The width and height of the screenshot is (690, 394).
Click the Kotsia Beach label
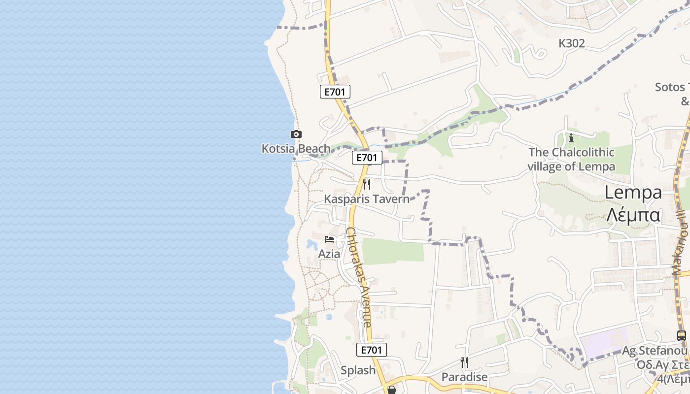tap(296, 148)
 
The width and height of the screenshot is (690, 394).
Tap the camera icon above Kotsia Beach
tap(296, 134)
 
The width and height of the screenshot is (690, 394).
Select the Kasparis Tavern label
tap(367, 199)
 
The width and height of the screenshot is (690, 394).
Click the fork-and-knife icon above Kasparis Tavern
tap(367, 184)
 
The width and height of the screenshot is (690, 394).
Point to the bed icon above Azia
tap(329, 239)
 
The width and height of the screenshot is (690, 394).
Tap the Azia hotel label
tap(329, 254)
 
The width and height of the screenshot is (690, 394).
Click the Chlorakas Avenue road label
tap(358, 277)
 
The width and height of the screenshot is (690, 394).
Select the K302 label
tap(572, 43)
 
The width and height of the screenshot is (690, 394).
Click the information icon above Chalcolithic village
tap(571, 137)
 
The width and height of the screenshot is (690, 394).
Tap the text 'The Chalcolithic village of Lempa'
tap(572, 159)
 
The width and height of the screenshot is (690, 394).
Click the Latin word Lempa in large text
tap(633, 193)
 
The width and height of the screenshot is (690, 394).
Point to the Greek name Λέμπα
tap(633, 215)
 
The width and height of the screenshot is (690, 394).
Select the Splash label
tap(358, 370)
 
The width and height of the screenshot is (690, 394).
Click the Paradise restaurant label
tap(464, 377)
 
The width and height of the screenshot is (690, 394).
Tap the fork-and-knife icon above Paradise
tap(464, 362)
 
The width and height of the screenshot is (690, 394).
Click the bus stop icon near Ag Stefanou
tap(682, 336)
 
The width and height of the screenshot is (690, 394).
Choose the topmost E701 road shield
tap(335, 92)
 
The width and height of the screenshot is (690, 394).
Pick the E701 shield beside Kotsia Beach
tap(367, 158)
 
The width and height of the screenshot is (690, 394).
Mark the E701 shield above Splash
tap(372, 350)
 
